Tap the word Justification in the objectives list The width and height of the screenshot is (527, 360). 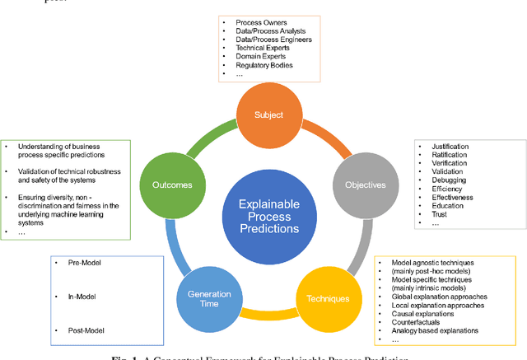(449, 147)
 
